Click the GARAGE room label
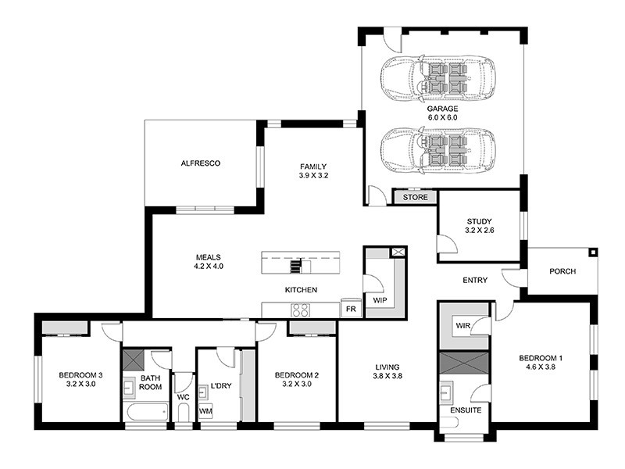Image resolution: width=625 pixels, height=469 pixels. (441, 109)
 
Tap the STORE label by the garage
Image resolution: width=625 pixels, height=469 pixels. (415, 198)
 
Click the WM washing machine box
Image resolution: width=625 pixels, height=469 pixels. (205, 410)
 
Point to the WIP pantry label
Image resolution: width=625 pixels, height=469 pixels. (380, 299)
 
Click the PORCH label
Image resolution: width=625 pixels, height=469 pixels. (562, 272)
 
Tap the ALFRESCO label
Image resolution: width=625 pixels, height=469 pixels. (201, 163)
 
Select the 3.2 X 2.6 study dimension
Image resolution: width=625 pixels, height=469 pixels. (479, 231)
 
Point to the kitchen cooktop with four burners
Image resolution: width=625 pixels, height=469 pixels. (302, 310)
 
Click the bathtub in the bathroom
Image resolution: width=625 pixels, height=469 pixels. (145, 411)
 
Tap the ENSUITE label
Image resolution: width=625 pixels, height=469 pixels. (466, 410)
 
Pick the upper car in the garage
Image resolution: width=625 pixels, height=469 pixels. (437, 77)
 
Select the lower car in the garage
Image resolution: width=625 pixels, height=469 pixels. (437, 150)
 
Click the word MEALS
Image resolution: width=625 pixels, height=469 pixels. (209, 256)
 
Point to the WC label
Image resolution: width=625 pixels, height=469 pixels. (184, 397)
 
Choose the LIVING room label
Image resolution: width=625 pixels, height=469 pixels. (387, 367)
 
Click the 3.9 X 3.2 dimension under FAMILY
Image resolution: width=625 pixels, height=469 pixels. (313, 176)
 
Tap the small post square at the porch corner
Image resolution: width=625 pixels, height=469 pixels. (593, 252)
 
